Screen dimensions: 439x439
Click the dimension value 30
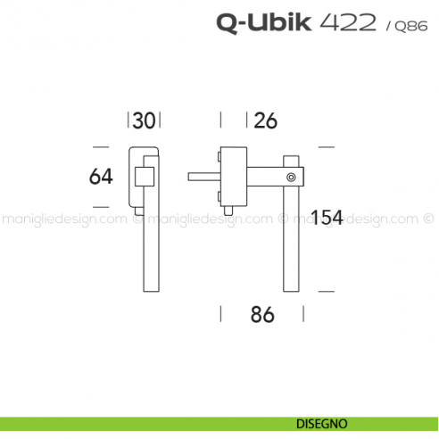(x=145, y=120)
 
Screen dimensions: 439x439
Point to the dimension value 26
(x=265, y=120)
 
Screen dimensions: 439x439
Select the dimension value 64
(x=101, y=177)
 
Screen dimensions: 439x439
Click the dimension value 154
(x=326, y=217)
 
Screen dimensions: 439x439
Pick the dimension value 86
(x=261, y=314)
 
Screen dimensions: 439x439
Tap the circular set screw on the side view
(x=291, y=178)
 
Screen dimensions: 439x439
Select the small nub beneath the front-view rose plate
(x=137, y=211)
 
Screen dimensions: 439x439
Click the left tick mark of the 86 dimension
(x=220, y=313)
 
